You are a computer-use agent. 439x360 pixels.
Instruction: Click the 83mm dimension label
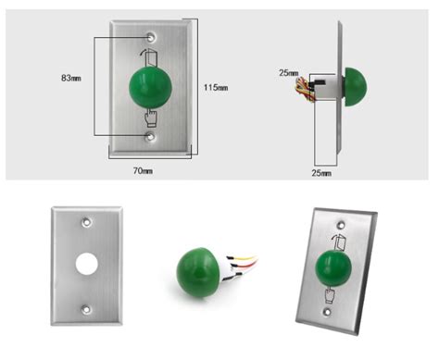point(71,78)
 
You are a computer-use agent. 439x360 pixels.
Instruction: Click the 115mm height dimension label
point(216,88)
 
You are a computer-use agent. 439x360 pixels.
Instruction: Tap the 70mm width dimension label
point(143,170)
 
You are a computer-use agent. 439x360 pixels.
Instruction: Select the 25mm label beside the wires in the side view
point(289,73)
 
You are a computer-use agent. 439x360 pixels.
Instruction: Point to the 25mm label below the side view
point(321,173)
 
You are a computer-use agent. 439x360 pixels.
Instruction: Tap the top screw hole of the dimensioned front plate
point(151,38)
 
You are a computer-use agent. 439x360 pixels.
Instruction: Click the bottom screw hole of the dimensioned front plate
point(151,136)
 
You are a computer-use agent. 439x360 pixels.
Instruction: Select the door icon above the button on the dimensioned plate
point(150,57)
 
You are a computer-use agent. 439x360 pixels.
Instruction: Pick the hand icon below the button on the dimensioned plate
point(151,118)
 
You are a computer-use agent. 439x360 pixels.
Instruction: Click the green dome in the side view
point(356,87)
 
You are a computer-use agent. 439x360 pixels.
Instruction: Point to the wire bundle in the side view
point(305,89)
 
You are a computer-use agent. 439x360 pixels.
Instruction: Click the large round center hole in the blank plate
point(87,264)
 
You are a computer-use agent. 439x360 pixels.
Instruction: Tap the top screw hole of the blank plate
point(86,222)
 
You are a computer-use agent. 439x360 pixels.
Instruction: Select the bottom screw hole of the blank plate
point(86,309)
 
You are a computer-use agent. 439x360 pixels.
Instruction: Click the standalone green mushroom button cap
point(198,272)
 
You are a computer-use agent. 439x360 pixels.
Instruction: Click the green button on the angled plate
point(333,268)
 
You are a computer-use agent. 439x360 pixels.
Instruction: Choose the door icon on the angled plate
point(339,242)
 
